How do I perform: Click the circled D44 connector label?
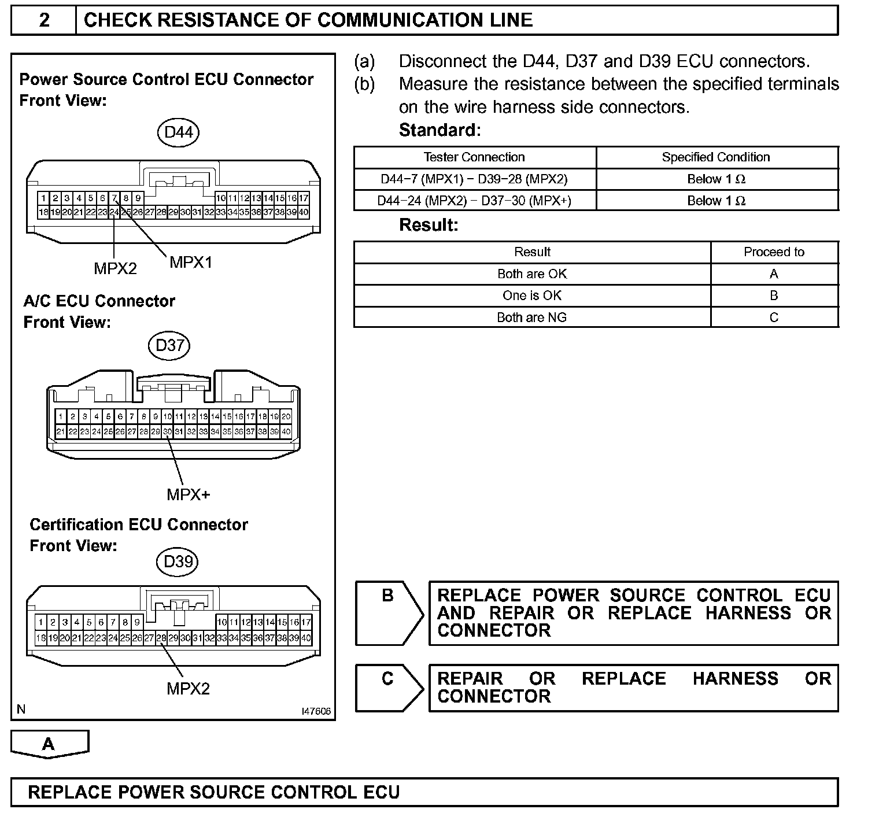click(178, 132)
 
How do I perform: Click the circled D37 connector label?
click(169, 345)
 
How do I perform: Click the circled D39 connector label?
click(178, 561)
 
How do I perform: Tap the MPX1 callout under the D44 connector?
click(191, 263)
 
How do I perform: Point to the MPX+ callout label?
click(189, 494)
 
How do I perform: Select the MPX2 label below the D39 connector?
click(188, 689)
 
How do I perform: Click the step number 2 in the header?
click(44, 20)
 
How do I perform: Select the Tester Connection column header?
click(474, 157)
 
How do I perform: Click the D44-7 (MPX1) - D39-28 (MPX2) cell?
click(474, 179)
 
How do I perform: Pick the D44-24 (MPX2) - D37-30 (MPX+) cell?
click(474, 201)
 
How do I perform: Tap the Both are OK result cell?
click(532, 274)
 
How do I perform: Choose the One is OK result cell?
click(532, 295)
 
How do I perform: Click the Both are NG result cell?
click(532, 317)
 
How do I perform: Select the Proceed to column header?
click(774, 252)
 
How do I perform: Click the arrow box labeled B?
click(388, 612)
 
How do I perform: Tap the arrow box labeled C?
click(388, 688)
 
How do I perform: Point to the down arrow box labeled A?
click(49, 744)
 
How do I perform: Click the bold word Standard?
click(440, 130)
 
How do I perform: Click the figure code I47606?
click(316, 711)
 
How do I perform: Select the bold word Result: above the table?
click(429, 225)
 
